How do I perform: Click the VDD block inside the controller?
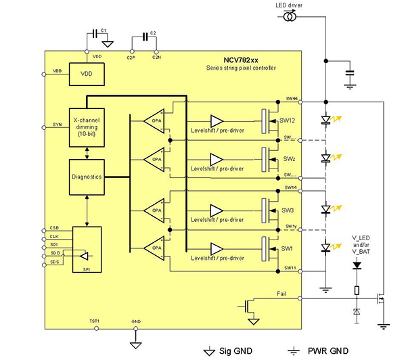coord(87,74)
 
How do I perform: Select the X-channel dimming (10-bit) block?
coord(87,126)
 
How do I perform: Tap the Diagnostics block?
coord(87,176)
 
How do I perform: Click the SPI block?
coord(87,248)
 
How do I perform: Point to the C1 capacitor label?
coord(104,31)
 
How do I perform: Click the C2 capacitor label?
coord(153,33)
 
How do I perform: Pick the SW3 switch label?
coord(288,210)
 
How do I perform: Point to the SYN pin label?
coord(56,125)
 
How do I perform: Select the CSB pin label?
coord(55,228)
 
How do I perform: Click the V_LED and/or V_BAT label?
coord(362,244)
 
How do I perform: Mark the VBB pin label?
coord(57,71)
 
